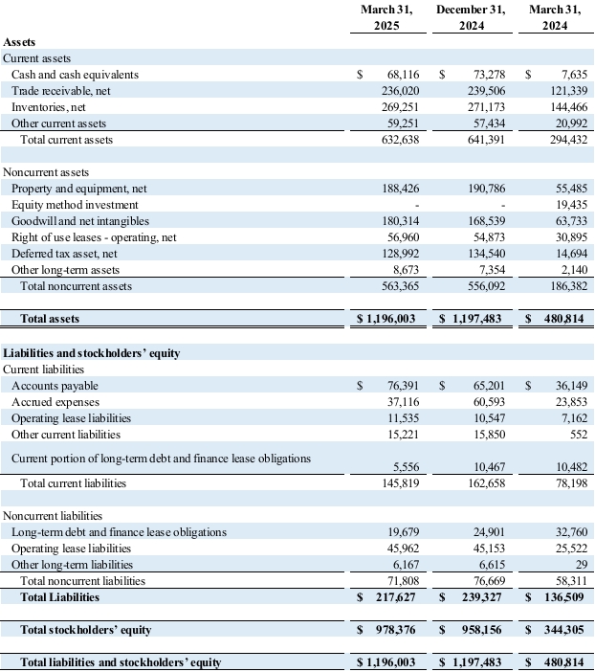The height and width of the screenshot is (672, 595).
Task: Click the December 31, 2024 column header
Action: click(x=471, y=18)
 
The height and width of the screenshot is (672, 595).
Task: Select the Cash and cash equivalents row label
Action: click(x=75, y=74)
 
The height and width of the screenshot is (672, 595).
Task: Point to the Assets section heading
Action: click(x=22, y=42)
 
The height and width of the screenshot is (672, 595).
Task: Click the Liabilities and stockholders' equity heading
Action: click(x=92, y=352)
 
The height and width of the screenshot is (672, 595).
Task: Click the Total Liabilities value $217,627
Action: click(x=389, y=597)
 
